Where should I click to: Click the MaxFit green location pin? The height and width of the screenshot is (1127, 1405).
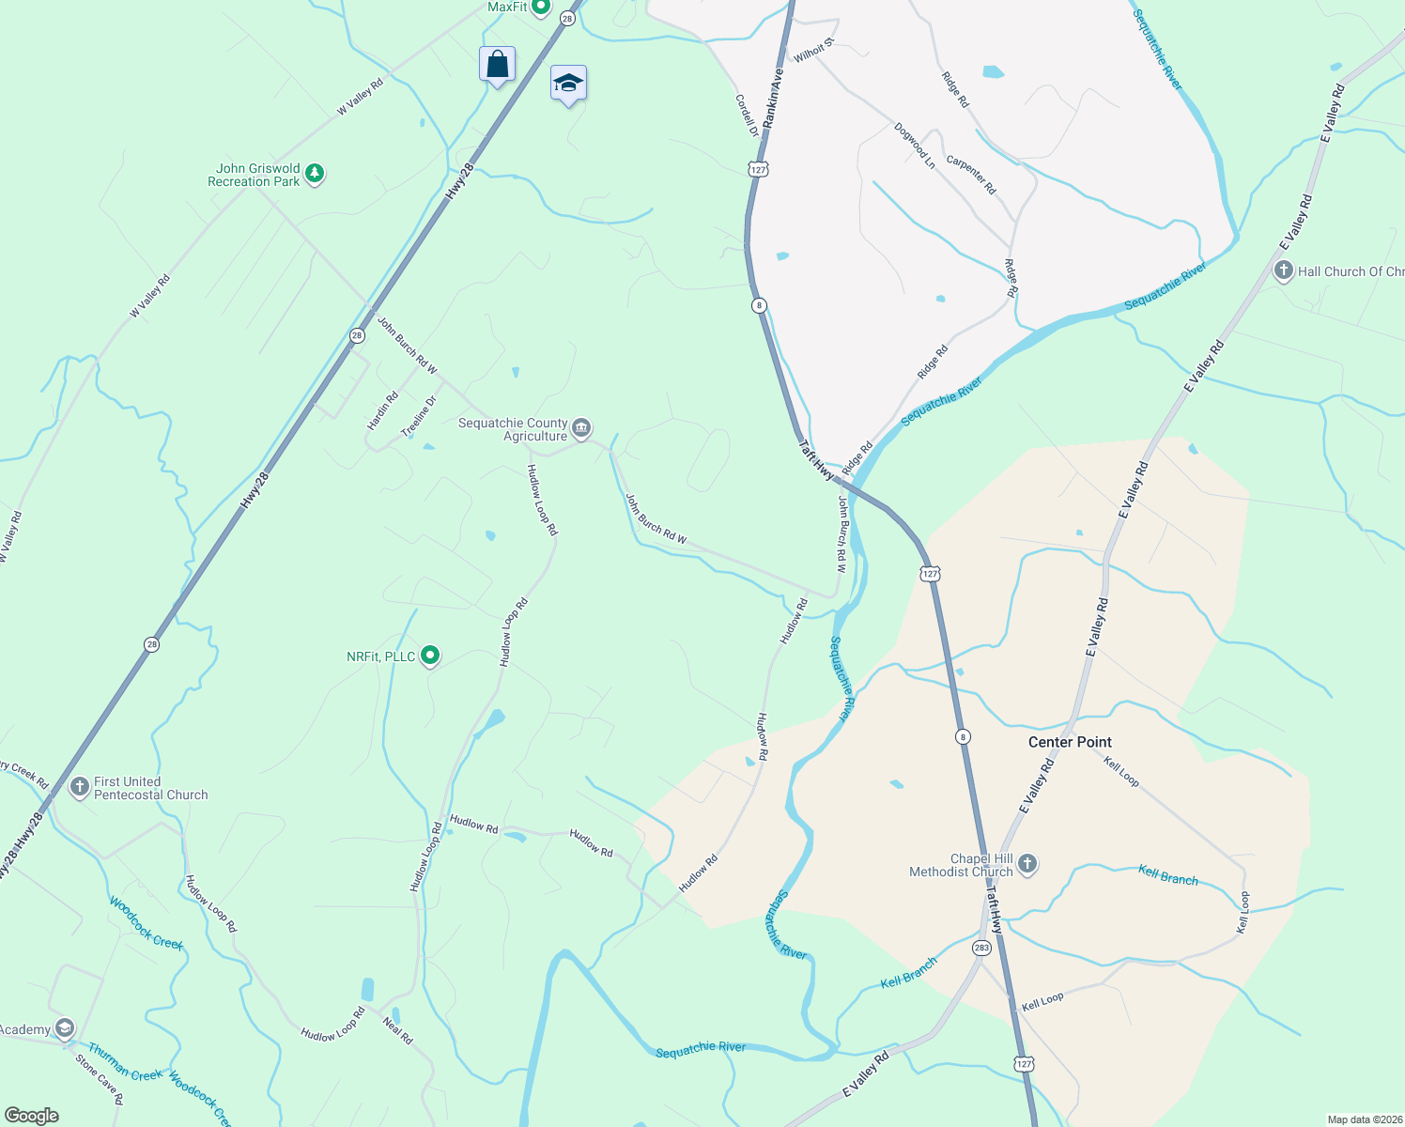pyautogui.click(x=541, y=8)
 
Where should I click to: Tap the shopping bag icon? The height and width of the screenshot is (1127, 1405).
pyautogui.click(x=497, y=65)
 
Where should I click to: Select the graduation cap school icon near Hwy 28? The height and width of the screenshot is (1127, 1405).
pyautogui.click(x=568, y=84)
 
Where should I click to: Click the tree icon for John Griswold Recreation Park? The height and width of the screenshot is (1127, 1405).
pyautogui.click(x=315, y=174)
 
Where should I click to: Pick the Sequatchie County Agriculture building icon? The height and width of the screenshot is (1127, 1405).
pyautogui.click(x=581, y=429)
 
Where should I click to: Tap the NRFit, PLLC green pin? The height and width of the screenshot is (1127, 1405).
pyautogui.click(x=430, y=656)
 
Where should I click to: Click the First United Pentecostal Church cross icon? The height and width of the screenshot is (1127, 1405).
pyautogui.click(x=80, y=786)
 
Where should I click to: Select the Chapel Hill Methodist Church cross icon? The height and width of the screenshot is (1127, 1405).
pyautogui.click(x=1027, y=863)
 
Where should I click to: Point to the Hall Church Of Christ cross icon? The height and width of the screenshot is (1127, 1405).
pyautogui.click(x=1284, y=271)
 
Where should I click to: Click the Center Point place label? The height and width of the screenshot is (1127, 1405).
pyautogui.click(x=1070, y=742)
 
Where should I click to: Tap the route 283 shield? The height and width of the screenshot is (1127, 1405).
pyautogui.click(x=981, y=948)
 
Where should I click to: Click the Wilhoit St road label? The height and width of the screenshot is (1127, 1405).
pyautogui.click(x=813, y=51)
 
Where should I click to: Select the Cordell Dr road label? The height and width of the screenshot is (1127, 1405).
pyautogui.click(x=747, y=116)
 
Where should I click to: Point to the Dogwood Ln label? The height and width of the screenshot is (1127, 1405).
pyautogui.click(x=915, y=146)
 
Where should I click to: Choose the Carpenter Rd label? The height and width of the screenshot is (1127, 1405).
pyautogui.click(x=971, y=175)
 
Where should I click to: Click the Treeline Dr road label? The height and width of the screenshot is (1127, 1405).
pyautogui.click(x=419, y=416)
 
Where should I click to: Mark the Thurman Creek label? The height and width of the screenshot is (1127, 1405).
pyautogui.click(x=125, y=1062)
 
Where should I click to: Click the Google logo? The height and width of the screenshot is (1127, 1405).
pyautogui.click(x=31, y=1116)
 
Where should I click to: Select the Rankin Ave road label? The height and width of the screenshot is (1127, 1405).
pyautogui.click(x=773, y=99)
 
